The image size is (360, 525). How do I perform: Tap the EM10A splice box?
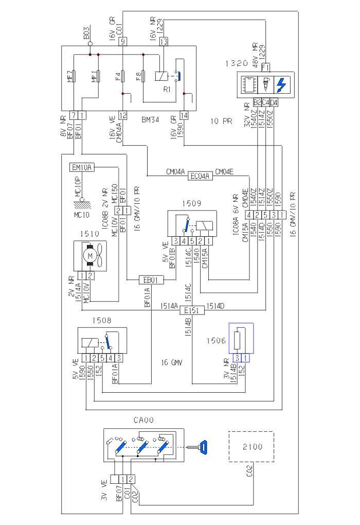[82, 167]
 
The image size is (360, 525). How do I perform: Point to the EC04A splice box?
[200, 176]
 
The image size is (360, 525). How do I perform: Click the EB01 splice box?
[151, 280]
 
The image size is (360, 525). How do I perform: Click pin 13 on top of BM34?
[164, 42]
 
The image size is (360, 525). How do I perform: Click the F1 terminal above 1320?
[265, 67]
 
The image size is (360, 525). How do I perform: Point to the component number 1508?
[101, 321]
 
